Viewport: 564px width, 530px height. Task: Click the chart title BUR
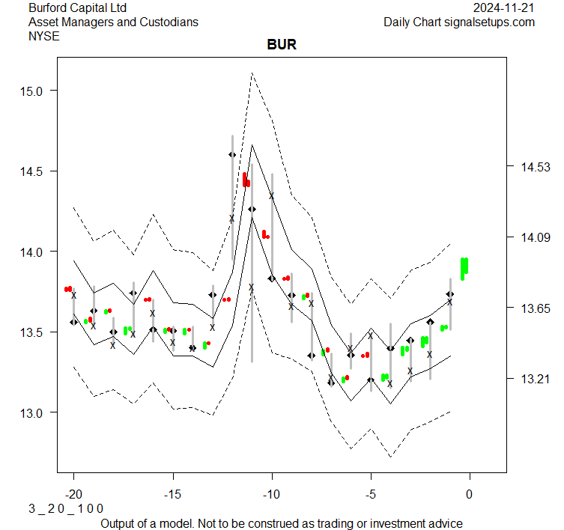point(282,45)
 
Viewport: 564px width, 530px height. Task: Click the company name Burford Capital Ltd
point(77,8)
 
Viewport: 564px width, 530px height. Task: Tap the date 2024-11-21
point(504,8)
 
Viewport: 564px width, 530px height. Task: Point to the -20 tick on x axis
point(73,494)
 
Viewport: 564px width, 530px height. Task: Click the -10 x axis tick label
point(271,494)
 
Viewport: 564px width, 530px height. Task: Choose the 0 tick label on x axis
point(470,494)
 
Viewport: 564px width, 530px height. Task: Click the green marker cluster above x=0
point(464,267)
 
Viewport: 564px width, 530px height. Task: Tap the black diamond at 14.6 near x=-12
point(232,155)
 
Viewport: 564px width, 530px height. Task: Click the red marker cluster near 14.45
point(246,180)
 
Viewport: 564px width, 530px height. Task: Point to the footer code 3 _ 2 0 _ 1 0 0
point(66,508)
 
